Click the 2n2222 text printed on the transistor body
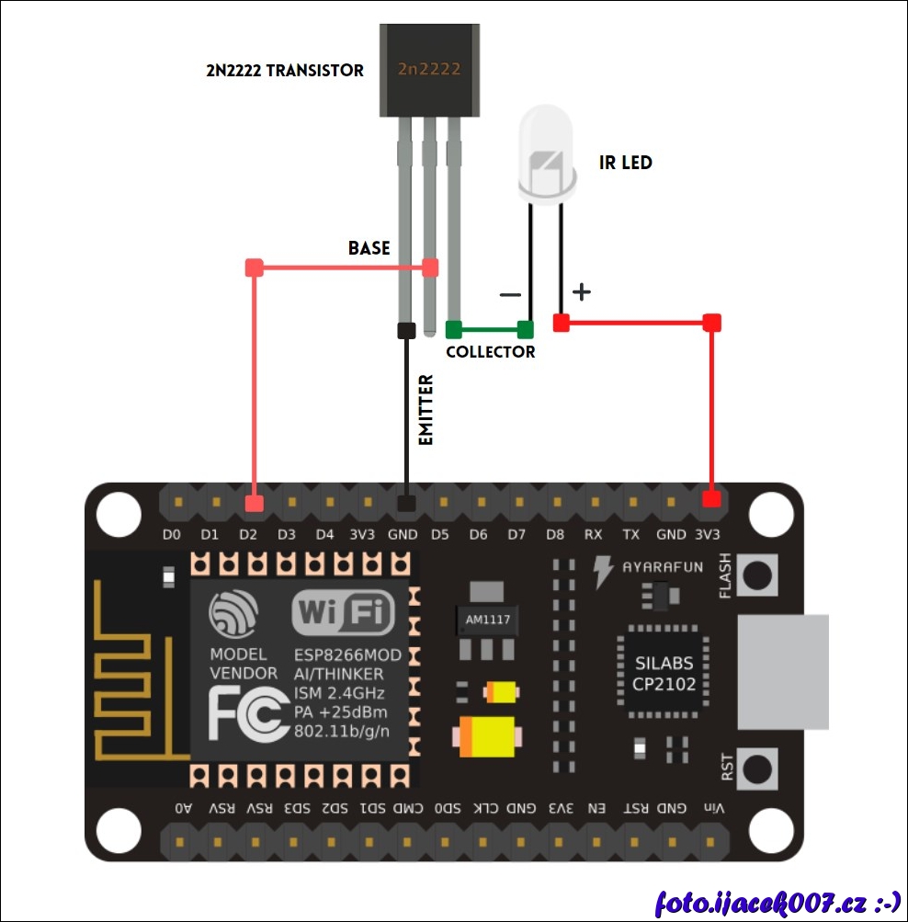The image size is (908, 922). (429, 69)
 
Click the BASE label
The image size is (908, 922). (369, 248)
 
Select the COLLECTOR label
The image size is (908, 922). (490, 352)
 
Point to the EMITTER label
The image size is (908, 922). (426, 410)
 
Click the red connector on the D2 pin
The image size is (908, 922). (255, 503)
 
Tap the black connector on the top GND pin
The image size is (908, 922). (405, 503)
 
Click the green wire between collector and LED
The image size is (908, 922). (489, 329)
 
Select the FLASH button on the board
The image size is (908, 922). (758, 575)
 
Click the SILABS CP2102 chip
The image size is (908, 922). (663, 674)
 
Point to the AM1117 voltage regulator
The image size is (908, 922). (487, 619)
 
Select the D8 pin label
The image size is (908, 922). (554, 534)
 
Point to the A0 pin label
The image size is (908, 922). (184, 809)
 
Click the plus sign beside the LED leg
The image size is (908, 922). (581, 292)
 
